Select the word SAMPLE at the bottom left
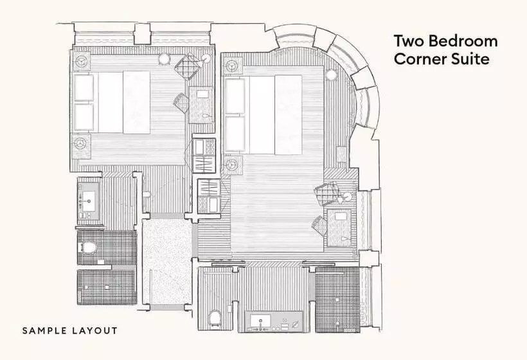point(44,331)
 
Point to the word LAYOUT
point(94,331)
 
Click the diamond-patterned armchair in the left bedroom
point(189,66)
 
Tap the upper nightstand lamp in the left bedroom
point(82,62)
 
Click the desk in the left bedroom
point(201,105)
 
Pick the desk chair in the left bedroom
point(181,103)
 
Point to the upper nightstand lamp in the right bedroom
point(232,66)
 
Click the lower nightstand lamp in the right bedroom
point(232,165)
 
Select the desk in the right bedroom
point(339,227)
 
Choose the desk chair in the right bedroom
point(319,225)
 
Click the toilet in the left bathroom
point(87,248)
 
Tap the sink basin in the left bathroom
point(89,201)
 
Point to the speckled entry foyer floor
point(166,261)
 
